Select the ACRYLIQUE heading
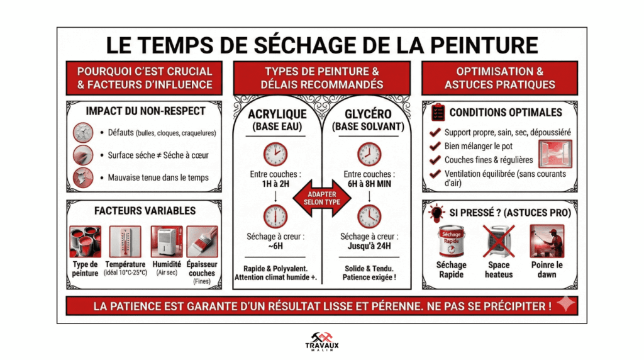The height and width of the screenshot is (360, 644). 277,114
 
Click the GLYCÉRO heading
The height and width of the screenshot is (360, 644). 369,114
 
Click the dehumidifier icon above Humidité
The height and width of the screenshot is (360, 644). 166,242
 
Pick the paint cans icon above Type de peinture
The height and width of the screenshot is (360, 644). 85,242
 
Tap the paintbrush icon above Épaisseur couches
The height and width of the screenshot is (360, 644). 202,242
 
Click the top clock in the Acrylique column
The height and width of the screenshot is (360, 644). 275,154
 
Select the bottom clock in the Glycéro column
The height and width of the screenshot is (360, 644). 369,216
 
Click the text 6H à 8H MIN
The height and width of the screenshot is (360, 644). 369,184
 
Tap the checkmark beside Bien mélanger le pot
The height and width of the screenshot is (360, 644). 435,146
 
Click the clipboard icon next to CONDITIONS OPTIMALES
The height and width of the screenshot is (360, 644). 438,113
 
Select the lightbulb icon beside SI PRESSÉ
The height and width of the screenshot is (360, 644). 437,213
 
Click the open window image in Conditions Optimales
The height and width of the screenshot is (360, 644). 555,154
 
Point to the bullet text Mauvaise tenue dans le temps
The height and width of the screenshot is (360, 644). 158,177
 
